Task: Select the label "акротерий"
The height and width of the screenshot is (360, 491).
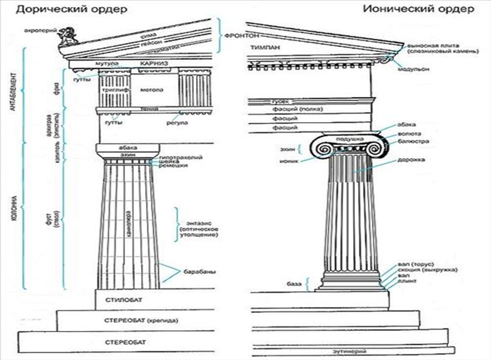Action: (x=40, y=30)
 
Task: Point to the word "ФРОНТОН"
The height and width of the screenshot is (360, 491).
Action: (x=242, y=36)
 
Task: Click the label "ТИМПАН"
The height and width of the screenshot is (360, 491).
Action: (x=265, y=47)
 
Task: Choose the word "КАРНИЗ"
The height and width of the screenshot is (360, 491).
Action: (x=154, y=63)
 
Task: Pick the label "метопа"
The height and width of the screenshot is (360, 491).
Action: (x=152, y=90)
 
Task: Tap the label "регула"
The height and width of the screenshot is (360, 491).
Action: (x=177, y=123)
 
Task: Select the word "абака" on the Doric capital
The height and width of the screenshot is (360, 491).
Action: (x=128, y=147)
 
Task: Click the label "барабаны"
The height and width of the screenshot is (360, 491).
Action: (x=199, y=272)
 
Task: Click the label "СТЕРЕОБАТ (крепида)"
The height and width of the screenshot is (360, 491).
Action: (x=141, y=320)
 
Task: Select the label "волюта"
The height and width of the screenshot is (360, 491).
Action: (x=409, y=134)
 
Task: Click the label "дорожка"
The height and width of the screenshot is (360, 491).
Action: (x=411, y=160)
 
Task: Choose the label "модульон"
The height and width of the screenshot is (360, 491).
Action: (x=413, y=69)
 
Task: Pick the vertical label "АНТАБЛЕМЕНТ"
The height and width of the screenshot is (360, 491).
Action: (x=13, y=92)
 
